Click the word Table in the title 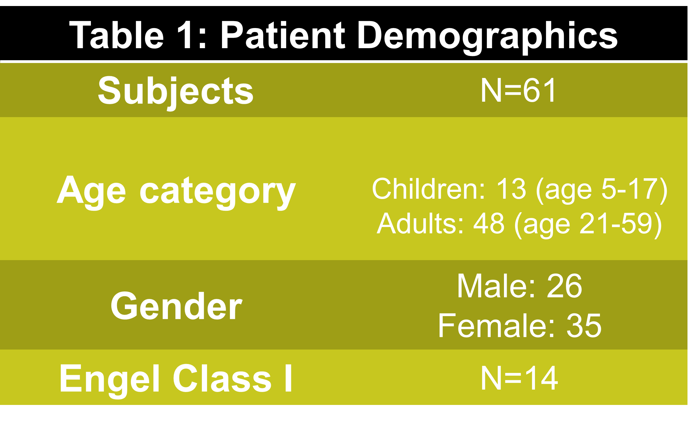tap(116, 35)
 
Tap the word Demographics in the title tap(487, 37)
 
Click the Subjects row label tap(176, 92)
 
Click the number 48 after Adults tap(489, 223)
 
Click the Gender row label tap(176, 306)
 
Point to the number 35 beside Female tap(584, 326)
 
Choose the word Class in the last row tap(222, 378)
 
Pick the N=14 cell tap(519, 378)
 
